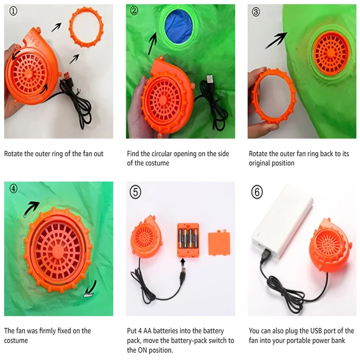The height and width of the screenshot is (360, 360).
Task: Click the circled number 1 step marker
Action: pyautogui.click(x=13, y=11)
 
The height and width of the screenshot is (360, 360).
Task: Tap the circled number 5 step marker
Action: pyautogui.click(x=135, y=192)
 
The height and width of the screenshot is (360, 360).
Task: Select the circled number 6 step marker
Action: pyautogui.click(x=257, y=192)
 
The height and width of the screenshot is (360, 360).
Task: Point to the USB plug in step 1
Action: pyautogui.click(x=67, y=76)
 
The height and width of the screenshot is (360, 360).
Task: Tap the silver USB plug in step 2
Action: pyautogui.click(x=210, y=79)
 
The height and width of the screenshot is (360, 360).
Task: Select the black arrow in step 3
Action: pyautogui.click(x=276, y=40)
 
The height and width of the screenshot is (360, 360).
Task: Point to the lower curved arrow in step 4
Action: pyautogui.click(x=91, y=289)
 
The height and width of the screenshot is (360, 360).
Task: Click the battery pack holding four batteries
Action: pyautogui.click(x=188, y=240)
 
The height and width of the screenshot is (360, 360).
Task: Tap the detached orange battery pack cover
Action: pyautogui.click(x=219, y=243)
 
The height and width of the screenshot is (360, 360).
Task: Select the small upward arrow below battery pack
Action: pyautogui.click(x=183, y=261)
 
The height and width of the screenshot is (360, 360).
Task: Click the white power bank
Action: pyautogui.click(x=282, y=221)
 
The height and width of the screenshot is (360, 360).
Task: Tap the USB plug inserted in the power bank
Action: pyautogui.click(x=265, y=255)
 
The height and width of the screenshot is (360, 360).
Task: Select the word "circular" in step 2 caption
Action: pyautogui.click(x=162, y=153)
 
